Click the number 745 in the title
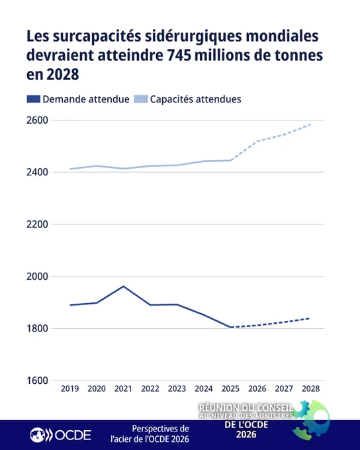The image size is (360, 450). pyautogui.click(x=179, y=56)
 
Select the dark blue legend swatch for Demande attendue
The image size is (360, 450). pyautogui.click(x=33, y=99)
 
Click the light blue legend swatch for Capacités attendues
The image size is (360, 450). pyautogui.click(x=141, y=99)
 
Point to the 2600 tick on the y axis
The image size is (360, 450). pyautogui.click(x=37, y=120)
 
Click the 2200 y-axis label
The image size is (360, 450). pyautogui.click(x=37, y=224)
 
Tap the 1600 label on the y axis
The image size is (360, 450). pyautogui.click(x=37, y=381)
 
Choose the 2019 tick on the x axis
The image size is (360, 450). pyautogui.click(x=69, y=388)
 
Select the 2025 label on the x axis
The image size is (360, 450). pyautogui.click(x=230, y=388)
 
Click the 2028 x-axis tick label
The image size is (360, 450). pyautogui.click(x=310, y=388)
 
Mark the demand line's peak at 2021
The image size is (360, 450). pyautogui.click(x=124, y=286)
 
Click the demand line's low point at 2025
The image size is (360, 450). pyautogui.click(x=230, y=327)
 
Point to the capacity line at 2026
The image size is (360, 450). pyautogui.click(x=257, y=142)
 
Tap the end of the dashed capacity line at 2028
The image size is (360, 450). pyautogui.click(x=310, y=124)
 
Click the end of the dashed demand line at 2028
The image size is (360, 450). pyautogui.click(x=310, y=318)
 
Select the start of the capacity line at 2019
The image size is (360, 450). pyautogui.click(x=70, y=169)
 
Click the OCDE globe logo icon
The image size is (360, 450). pyautogui.click(x=38, y=435)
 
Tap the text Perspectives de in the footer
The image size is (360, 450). pyautogui.click(x=161, y=429)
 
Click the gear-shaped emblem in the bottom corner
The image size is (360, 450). pyautogui.click(x=311, y=420)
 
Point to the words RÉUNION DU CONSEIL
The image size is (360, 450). pyautogui.click(x=246, y=408)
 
